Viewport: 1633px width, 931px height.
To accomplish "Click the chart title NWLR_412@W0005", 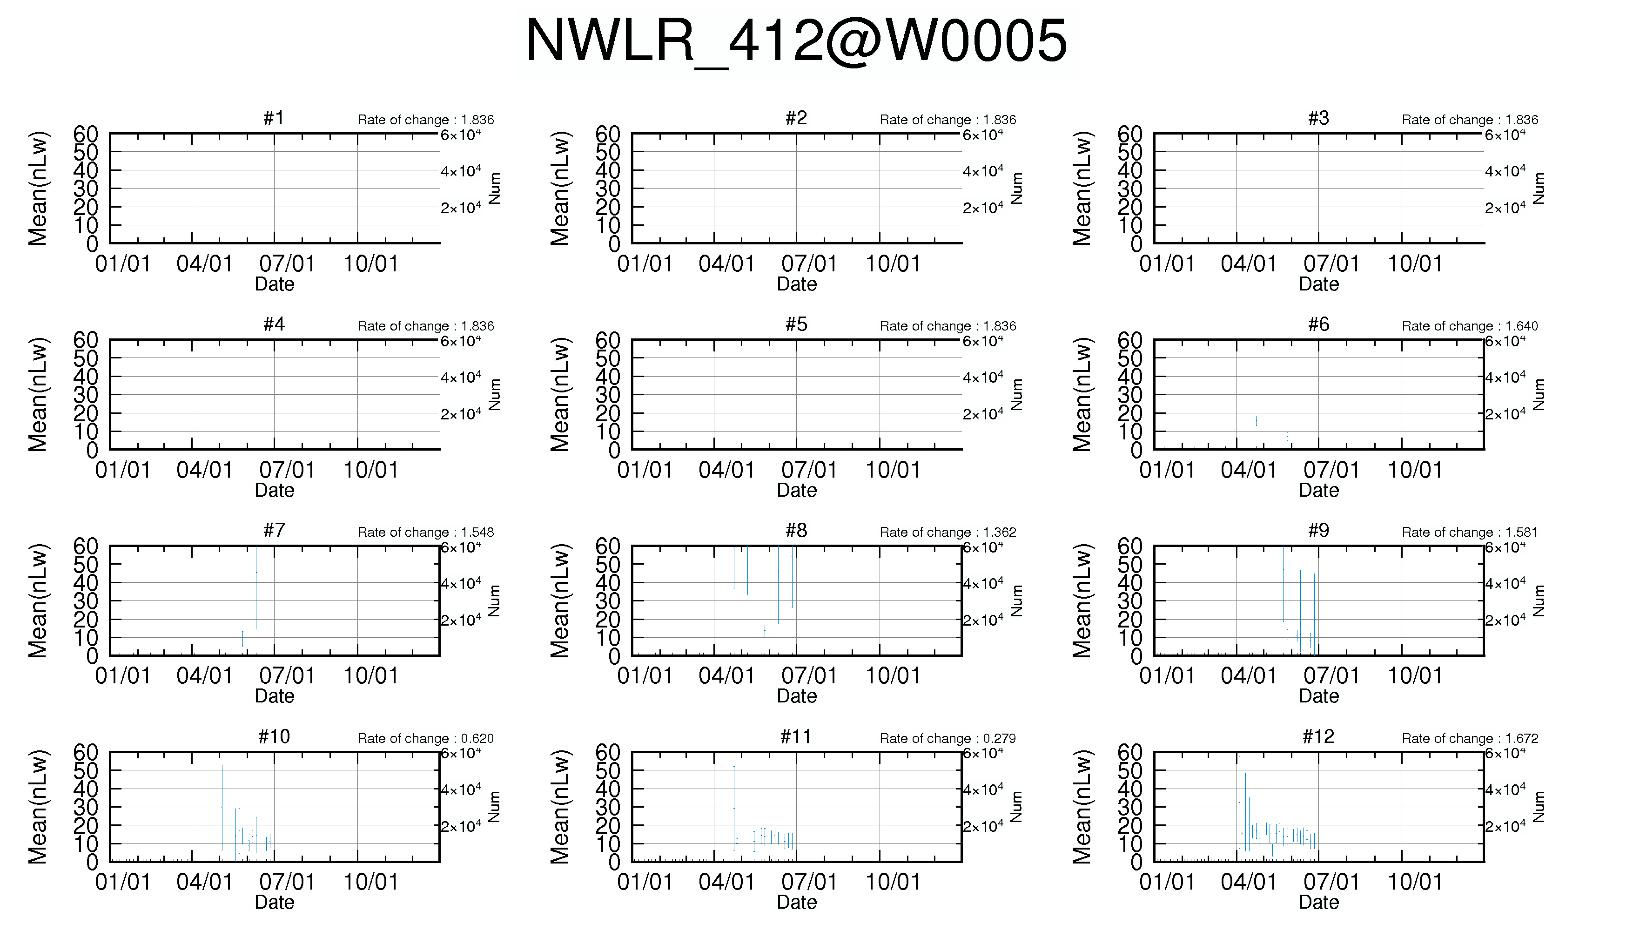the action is (796, 41).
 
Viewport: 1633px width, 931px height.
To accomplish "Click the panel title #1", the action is (274, 118).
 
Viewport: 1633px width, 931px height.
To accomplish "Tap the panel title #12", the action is (1318, 736).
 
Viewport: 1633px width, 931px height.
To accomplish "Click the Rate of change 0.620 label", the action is (426, 739).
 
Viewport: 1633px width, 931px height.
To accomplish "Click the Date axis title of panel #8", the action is (796, 696).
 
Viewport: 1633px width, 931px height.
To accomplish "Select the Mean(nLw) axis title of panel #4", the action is (38, 395).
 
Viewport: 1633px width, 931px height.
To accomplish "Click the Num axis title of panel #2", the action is (1016, 189).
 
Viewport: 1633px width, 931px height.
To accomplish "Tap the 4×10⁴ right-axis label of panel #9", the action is (1505, 583).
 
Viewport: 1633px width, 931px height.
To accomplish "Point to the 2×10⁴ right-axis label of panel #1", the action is (461, 208).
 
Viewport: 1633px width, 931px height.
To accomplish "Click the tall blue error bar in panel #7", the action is (255, 587).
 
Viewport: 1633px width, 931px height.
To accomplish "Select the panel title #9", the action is (1318, 530).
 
